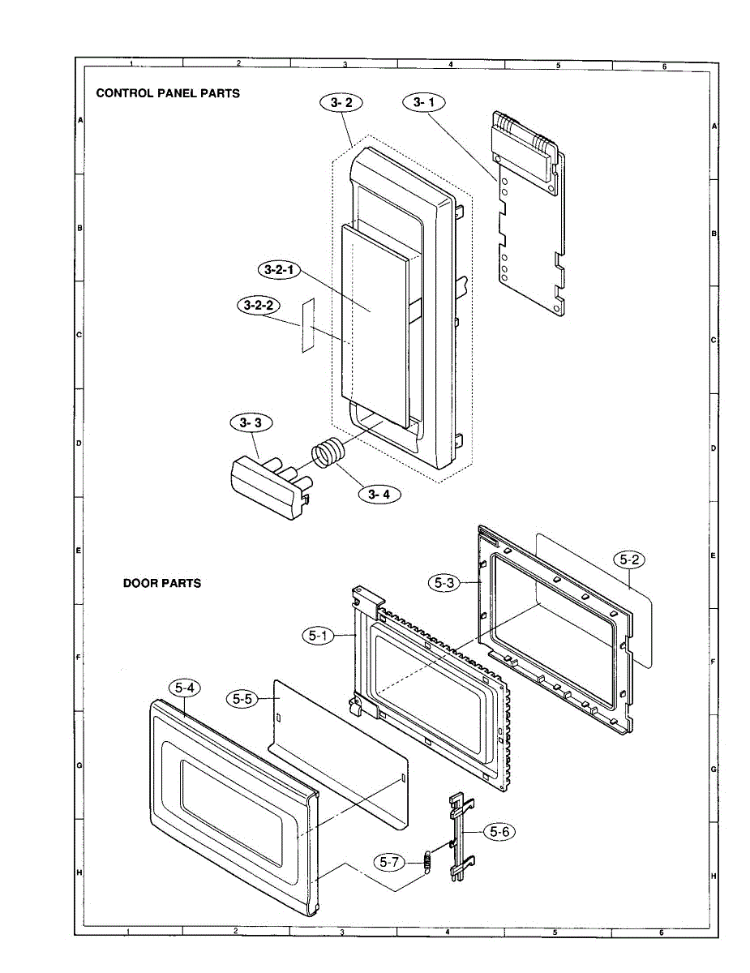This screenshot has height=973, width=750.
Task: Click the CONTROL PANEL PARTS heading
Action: point(168,93)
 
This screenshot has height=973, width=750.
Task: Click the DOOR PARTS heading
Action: point(162,583)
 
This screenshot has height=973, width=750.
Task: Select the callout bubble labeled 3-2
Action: point(341,102)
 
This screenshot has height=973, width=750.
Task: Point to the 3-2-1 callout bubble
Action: point(279,269)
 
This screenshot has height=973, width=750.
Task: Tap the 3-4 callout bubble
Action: point(378,494)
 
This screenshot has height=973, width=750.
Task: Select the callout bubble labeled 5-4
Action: point(184,688)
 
